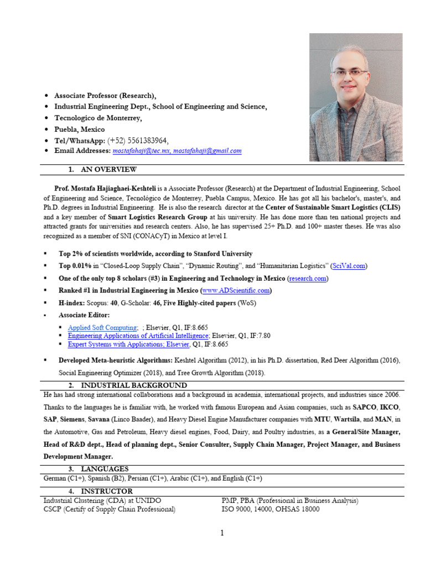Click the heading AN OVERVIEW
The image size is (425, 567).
108,169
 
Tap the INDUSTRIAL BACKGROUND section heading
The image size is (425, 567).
133,385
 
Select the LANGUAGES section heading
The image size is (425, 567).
105,469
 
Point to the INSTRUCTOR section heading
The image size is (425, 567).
106,491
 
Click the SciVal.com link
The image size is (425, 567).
349,266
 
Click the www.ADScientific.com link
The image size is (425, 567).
237,290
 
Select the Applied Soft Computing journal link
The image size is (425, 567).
102,328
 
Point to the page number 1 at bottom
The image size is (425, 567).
222,533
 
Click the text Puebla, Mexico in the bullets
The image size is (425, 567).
79,129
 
